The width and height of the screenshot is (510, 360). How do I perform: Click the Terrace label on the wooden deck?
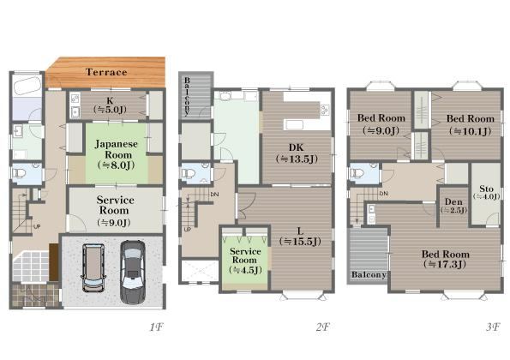106,72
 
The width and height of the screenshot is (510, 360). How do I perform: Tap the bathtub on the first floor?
27,87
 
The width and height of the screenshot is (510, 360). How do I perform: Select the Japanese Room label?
116,149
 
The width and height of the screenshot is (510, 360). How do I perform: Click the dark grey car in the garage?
133,273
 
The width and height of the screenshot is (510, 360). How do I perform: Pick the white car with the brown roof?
93,267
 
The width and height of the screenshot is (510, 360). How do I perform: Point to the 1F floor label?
157,327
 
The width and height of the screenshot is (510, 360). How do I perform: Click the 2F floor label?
322,327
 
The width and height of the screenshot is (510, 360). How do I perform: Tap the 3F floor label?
493,327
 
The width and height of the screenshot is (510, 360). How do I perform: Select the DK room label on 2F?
296,147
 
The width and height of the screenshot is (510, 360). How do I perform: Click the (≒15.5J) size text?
300,242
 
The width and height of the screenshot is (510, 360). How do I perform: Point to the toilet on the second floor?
188,174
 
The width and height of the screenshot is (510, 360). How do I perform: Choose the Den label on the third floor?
453,202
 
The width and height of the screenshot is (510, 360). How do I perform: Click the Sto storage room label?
487,189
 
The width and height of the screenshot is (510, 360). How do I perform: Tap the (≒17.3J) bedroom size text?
445,264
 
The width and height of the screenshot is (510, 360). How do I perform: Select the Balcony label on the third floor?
369,274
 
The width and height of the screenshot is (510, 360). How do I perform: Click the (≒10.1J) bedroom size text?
470,131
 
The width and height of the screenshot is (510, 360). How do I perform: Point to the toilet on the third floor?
357,172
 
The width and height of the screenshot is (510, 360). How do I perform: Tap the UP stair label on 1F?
37,226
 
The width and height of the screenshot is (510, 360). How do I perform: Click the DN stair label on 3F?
384,194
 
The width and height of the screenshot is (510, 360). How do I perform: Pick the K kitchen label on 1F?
110,101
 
